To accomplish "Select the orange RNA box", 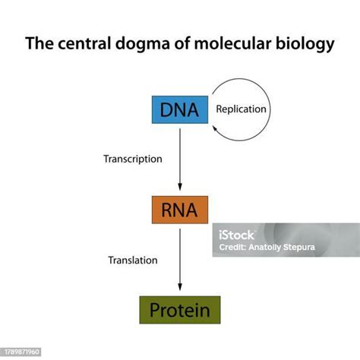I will pyautogui.click(x=179, y=210).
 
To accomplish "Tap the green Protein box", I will pyautogui.click(x=179, y=310).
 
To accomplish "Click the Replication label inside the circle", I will pyautogui.click(x=241, y=109).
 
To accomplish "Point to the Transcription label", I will pyautogui.click(x=133, y=159).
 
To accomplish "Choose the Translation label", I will pyautogui.click(x=133, y=260).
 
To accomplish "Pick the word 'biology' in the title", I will pyautogui.click(x=308, y=45).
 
